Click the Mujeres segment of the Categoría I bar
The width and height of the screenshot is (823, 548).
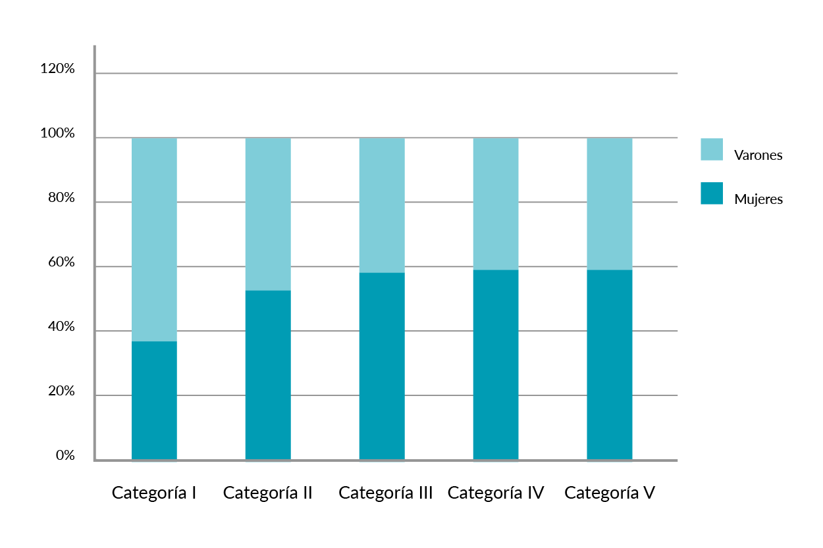154,400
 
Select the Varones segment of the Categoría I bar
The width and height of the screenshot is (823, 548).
154,239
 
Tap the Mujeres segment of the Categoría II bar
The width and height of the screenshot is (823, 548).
268,375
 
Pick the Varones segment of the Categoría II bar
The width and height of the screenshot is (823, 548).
268,214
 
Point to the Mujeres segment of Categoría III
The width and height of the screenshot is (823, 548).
382,366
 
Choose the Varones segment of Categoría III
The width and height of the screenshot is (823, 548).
382,205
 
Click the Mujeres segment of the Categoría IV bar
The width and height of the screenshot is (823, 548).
496,364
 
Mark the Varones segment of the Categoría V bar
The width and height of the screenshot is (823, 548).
610,204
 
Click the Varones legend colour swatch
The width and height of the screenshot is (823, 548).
712,149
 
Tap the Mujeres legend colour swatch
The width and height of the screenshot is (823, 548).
712,193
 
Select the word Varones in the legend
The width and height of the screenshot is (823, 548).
758,156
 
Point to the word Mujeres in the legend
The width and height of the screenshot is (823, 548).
758,199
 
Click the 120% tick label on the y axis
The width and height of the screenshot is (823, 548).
58,69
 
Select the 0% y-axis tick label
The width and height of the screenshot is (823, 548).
65,456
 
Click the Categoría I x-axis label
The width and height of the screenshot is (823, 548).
155,493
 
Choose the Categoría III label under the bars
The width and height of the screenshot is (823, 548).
386,493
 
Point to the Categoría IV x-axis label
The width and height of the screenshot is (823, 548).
496,493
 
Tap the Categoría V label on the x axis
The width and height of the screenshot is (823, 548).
610,493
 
